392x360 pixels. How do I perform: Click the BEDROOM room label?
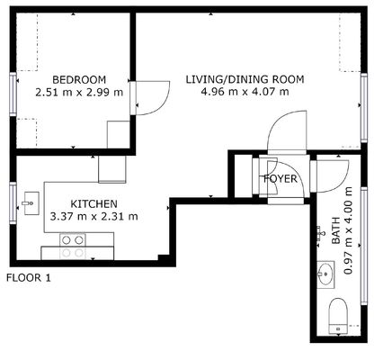click(x=79, y=80)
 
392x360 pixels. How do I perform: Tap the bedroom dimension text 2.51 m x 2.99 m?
click(x=79, y=92)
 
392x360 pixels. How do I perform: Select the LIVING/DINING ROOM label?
click(x=245, y=79)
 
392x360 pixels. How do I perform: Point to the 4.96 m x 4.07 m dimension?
click(x=245, y=92)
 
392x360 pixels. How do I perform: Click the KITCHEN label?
click(x=94, y=204)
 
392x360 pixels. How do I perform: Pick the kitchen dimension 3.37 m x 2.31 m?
click(x=94, y=216)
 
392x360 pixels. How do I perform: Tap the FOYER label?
click(x=281, y=179)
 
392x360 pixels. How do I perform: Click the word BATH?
click(x=335, y=230)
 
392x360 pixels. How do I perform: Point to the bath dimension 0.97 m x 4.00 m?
click(x=348, y=230)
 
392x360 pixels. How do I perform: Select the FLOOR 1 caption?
click(x=29, y=278)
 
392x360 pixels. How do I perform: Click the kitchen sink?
click(x=31, y=203)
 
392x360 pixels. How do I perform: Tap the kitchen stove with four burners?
click(x=73, y=247)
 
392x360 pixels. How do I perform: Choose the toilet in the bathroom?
click(x=338, y=316)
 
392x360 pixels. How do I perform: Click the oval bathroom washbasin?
click(x=325, y=274)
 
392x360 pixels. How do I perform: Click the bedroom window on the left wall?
click(x=13, y=94)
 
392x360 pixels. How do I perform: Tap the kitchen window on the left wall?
click(x=13, y=203)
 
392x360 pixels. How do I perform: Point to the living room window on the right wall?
click(x=364, y=108)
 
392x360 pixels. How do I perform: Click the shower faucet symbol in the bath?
click(x=320, y=234)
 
